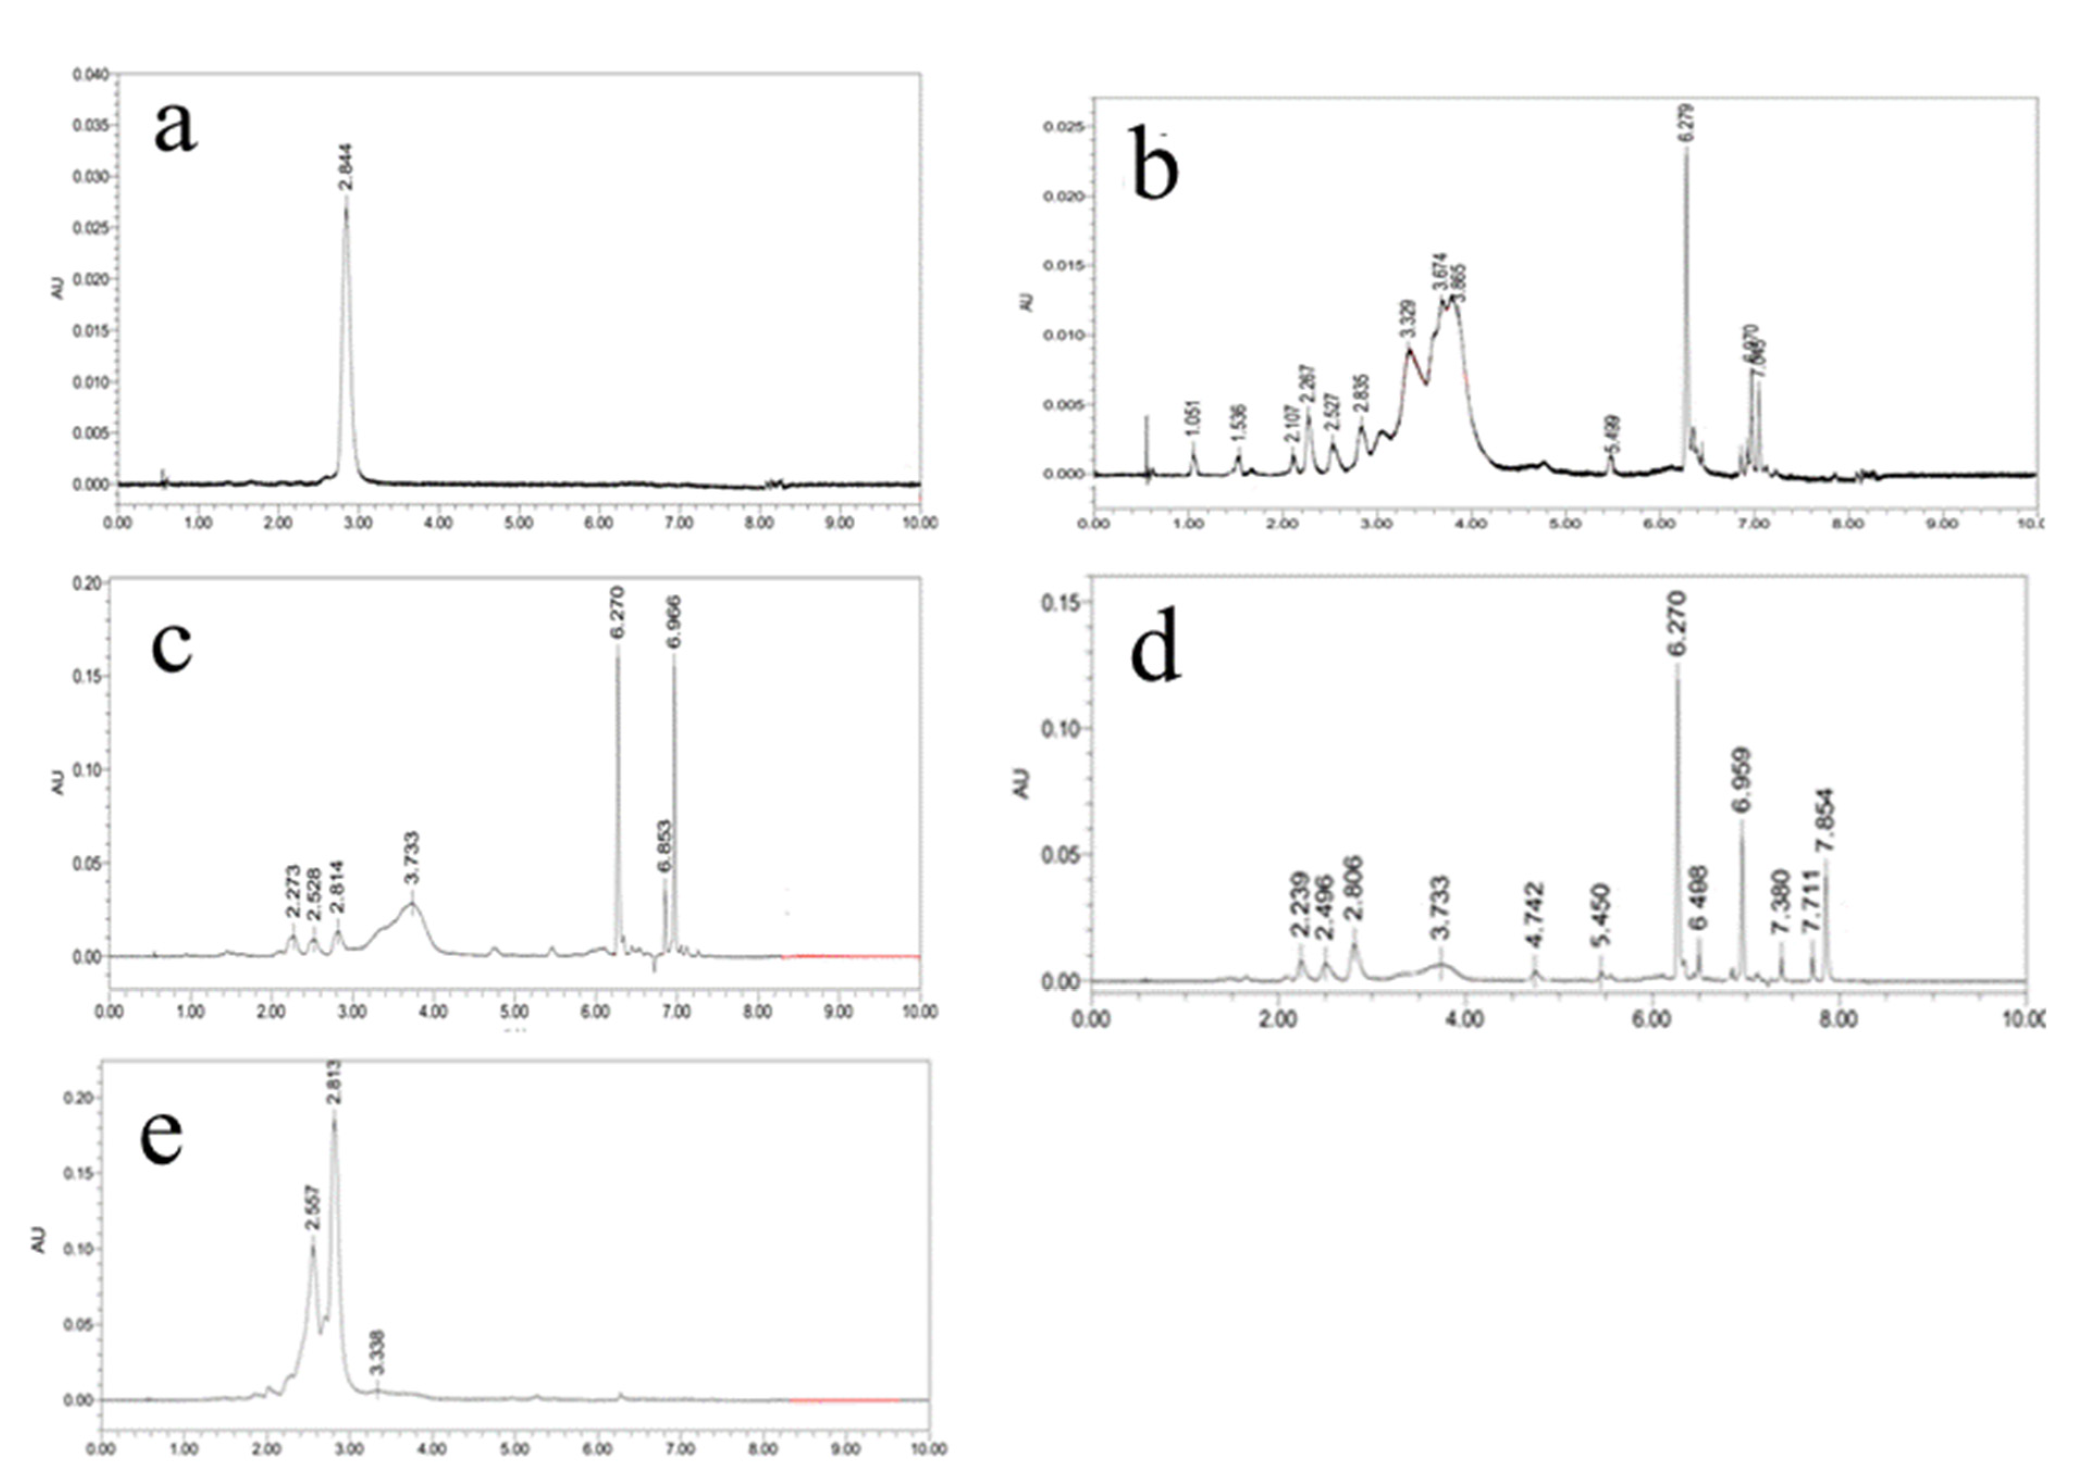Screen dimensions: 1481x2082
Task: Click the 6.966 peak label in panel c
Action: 674,622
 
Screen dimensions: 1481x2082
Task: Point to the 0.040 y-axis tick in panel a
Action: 91,74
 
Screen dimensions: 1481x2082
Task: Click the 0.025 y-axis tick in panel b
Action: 1064,127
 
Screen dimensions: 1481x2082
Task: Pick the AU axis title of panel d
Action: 1021,783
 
